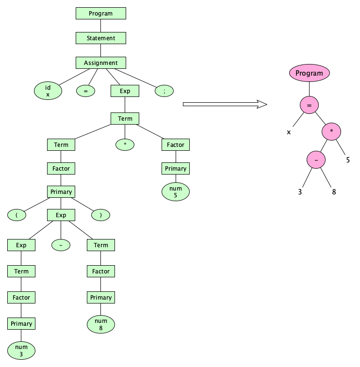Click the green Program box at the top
click(100, 14)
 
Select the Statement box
click(100, 38)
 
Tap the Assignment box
click(100, 63)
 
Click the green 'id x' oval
click(48, 91)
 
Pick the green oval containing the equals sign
click(85, 91)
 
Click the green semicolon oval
click(164, 91)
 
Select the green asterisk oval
click(125, 144)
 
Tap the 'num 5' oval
click(176, 191)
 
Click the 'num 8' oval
click(101, 324)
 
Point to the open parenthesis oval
click(16, 215)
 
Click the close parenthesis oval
click(100, 215)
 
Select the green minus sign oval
click(61, 245)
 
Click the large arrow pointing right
click(225, 104)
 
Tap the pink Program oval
click(309, 74)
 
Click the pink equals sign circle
click(309, 105)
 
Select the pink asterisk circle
click(331, 131)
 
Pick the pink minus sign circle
click(316, 160)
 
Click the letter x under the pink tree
click(289, 131)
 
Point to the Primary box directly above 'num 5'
click(176, 168)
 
